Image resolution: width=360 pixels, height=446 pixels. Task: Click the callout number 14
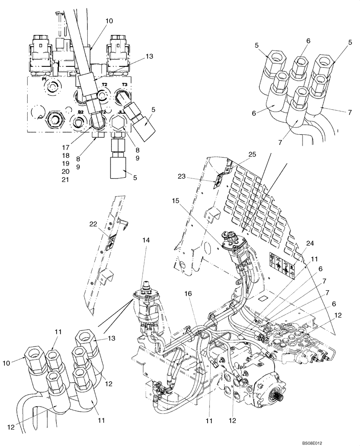[146, 240]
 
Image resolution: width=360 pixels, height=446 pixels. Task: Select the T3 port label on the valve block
[125, 84]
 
